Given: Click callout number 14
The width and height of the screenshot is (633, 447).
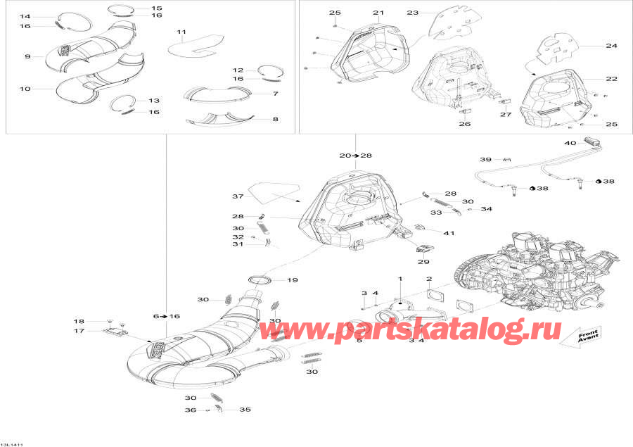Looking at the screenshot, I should point(25,15).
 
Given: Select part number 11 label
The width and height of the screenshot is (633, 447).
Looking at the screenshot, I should point(181,32).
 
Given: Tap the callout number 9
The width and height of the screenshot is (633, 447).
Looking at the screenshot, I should point(28,56).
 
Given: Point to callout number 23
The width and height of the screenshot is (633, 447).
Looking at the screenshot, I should point(412,13).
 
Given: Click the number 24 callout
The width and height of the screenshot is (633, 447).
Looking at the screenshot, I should point(611,46).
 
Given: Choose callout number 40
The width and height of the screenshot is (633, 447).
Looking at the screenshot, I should point(570,143).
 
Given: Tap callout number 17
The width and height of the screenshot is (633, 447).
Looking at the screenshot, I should point(79,330).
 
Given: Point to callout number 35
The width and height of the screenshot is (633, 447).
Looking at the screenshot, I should point(245,410).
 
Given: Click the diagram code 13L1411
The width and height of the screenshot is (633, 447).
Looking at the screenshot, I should point(11,444).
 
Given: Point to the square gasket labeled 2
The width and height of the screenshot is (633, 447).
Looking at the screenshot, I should point(429,297).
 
